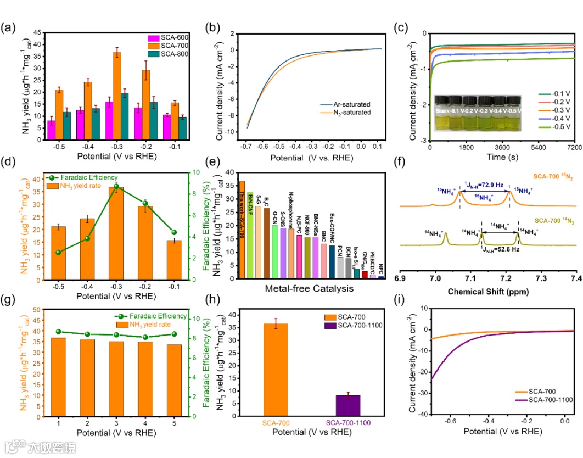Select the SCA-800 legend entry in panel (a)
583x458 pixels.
click(173, 53)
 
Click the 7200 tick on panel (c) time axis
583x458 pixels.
click(574, 149)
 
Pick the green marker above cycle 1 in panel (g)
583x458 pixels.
click(59, 332)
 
